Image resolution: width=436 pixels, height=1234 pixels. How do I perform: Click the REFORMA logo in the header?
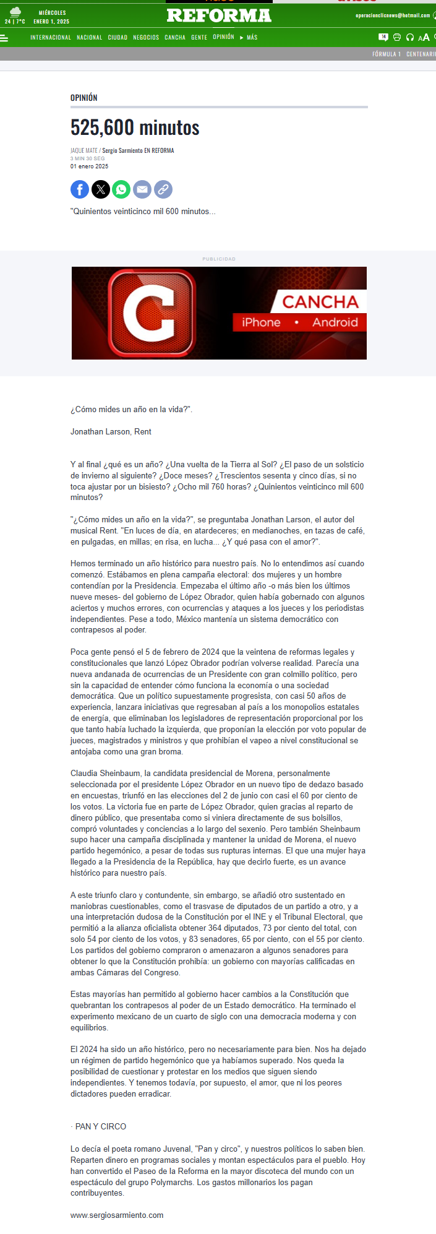coord(219,15)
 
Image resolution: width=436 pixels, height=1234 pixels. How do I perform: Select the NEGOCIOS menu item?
coord(146,38)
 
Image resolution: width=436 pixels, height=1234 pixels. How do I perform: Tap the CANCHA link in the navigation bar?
coord(175,38)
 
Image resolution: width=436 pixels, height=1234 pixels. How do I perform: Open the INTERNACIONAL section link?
coord(51,38)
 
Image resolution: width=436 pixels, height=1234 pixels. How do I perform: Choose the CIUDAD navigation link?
coord(118,38)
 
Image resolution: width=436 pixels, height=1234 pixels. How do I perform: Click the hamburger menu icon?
coord(4,38)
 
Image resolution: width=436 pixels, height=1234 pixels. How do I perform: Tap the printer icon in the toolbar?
coord(397,38)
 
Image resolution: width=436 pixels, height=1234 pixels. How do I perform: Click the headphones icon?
coord(409,38)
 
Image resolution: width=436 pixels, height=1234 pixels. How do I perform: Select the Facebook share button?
coord(80,189)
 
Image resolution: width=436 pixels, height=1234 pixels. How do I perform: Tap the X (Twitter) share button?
coord(101,189)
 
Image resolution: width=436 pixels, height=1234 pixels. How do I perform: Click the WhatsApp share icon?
coord(121,189)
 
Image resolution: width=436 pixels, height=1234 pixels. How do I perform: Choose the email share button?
coord(142,189)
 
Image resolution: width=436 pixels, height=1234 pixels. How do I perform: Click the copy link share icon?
coord(163,189)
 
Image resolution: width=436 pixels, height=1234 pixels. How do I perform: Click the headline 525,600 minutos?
coord(135,127)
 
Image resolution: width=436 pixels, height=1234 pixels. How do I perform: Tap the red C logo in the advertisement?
coord(152,313)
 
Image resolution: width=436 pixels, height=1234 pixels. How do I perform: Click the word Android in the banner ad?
coord(335,322)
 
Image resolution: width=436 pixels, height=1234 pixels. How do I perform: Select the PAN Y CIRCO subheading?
coord(100,1126)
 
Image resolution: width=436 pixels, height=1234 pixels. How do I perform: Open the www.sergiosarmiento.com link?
coord(117,1215)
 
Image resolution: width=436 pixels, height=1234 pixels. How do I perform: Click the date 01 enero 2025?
coord(89,166)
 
